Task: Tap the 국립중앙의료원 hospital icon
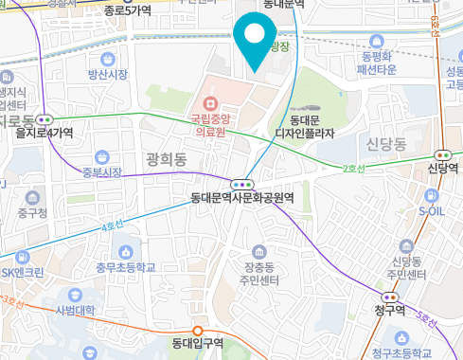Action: [208, 101]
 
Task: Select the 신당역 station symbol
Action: [442, 153]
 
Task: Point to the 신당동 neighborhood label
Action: [385, 143]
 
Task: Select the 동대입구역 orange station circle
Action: [198, 330]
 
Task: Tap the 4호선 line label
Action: [112, 226]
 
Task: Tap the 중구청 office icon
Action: [33, 197]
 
